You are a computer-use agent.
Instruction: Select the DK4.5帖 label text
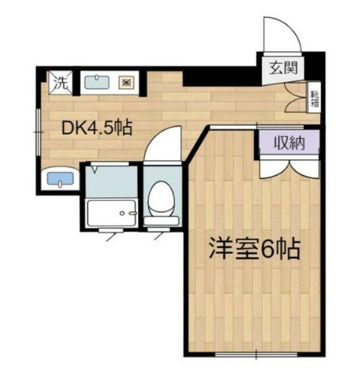click(x=96, y=127)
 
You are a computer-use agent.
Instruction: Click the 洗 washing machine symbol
click(x=60, y=83)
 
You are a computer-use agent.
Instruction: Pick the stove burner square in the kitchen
click(x=127, y=83)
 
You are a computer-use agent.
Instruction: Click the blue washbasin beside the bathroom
click(x=58, y=179)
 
